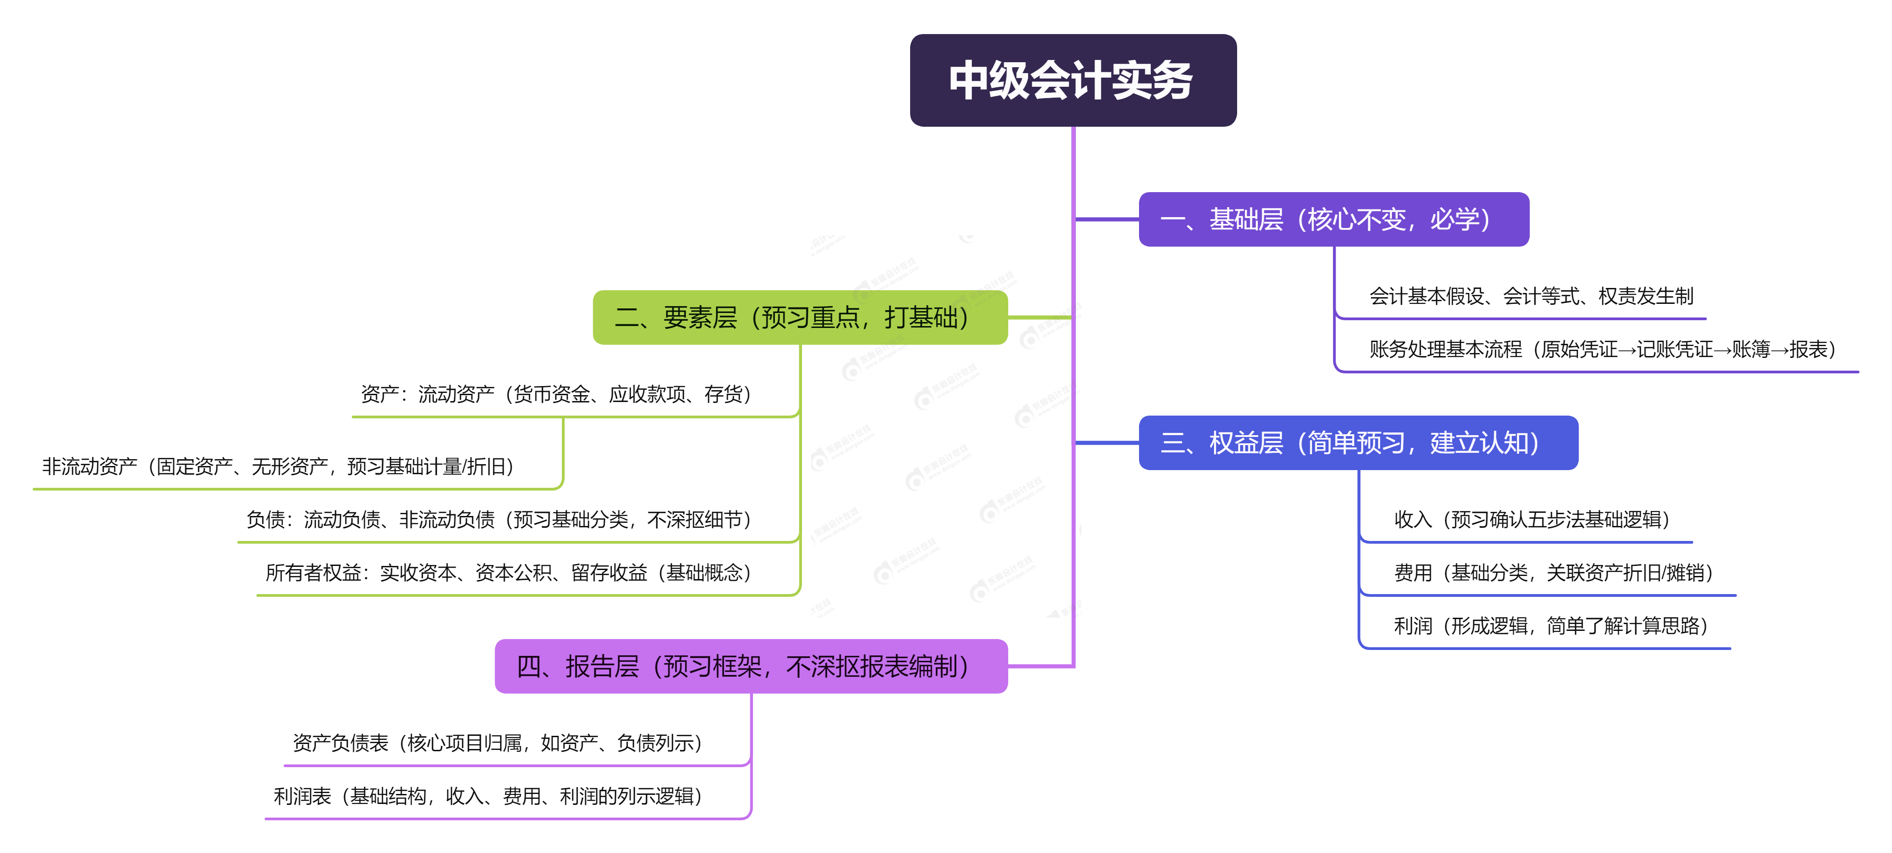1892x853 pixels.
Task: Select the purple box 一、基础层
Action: tap(1333, 219)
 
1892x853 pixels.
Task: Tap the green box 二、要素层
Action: tap(799, 317)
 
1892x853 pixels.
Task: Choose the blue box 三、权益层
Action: tap(1357, 442)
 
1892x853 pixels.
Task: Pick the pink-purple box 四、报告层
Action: tap(751, 666)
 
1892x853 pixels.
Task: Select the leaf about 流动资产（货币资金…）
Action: tap(556, 395)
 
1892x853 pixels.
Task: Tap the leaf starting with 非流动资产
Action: tap(277, 466)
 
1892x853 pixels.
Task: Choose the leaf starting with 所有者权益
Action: tap(508, 572)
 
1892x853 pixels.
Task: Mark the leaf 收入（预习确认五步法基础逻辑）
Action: tap(1531, 520)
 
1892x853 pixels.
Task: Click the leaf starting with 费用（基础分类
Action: tap(1553, 572)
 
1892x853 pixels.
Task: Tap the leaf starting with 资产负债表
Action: tap(497, 743)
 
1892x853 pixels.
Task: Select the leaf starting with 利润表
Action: tap(488, 796)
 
